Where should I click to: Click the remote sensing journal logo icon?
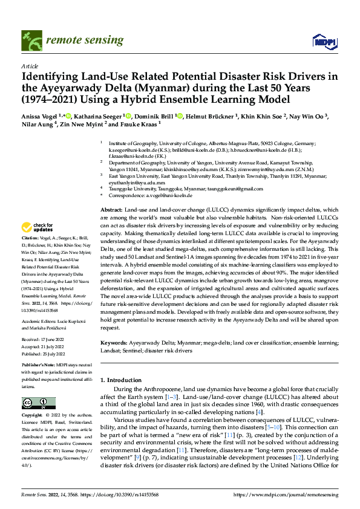[31, 41]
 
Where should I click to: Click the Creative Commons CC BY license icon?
[35, 403]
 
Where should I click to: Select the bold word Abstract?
[113, 209]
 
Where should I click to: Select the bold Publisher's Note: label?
[39, 366]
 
